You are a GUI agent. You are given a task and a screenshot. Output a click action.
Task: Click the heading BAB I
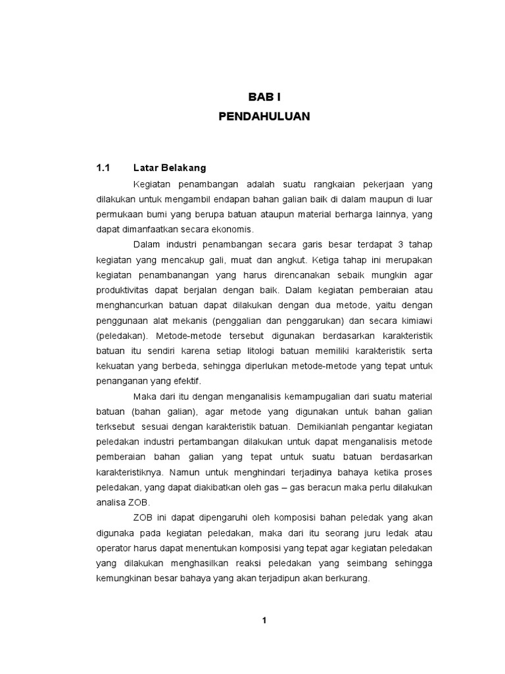pos(264,97)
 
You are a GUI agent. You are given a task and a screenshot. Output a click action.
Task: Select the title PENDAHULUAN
pos(264,117)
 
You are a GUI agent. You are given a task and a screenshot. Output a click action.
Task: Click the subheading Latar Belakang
pos(169,168)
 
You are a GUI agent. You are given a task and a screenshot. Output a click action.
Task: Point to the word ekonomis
pos(237,229)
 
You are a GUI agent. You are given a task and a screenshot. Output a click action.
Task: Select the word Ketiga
pos(329,259)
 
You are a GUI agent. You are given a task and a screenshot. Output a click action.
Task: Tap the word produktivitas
pos(122,290)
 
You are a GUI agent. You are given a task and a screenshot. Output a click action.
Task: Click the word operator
pos(113,548)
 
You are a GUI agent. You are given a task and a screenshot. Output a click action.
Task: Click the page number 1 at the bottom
pos(264,620)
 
